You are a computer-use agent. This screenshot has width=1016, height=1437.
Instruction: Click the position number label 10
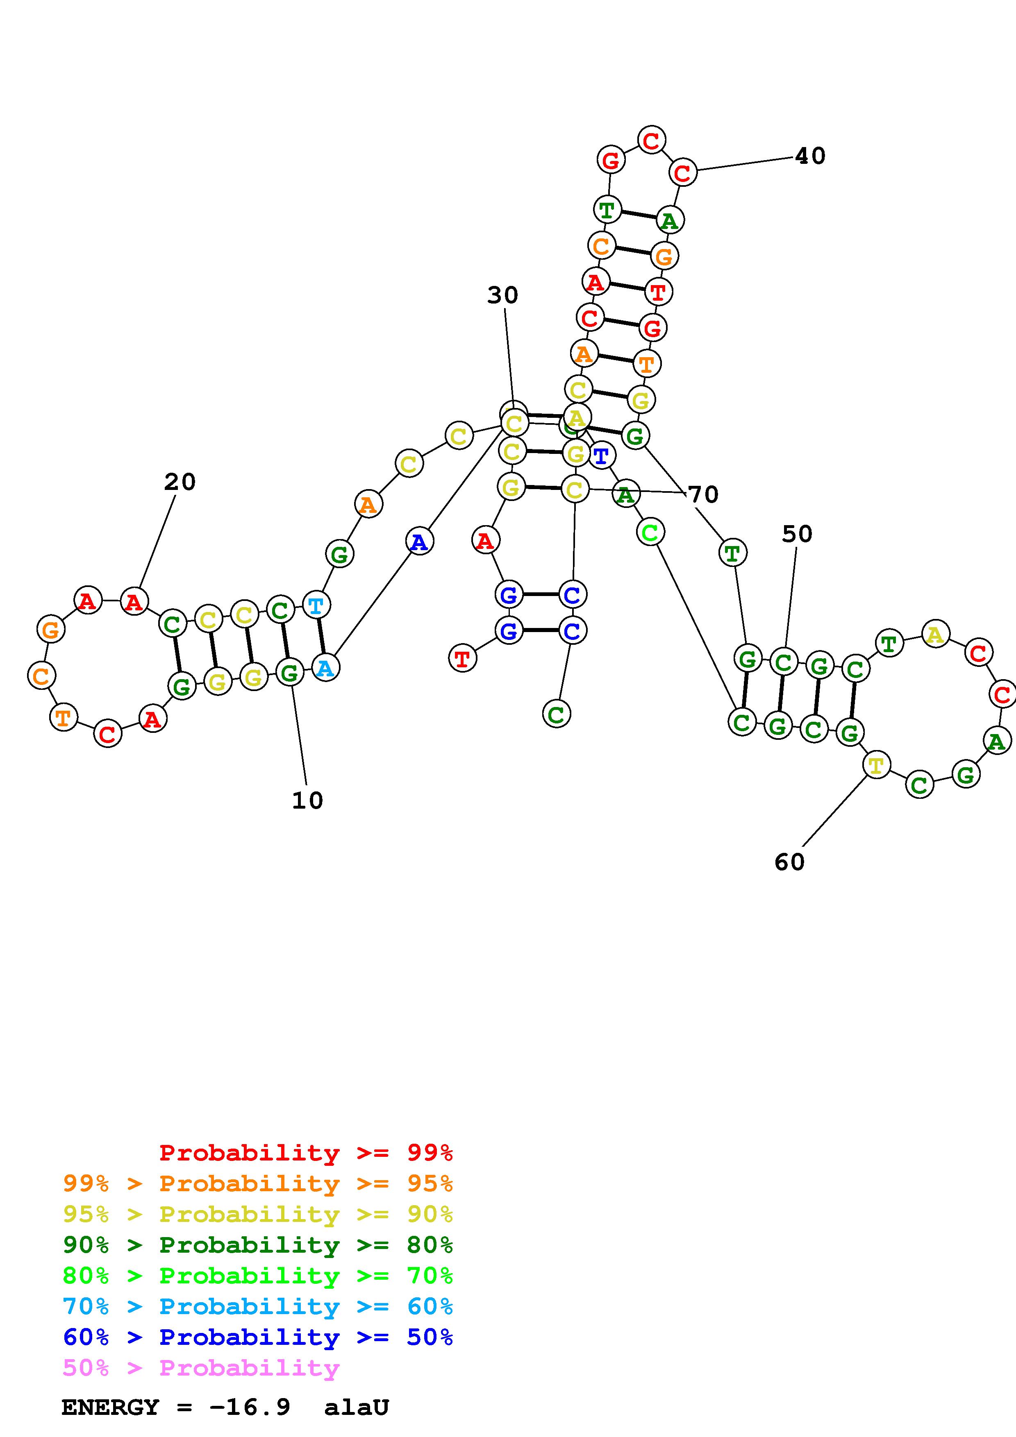tap(307, 800)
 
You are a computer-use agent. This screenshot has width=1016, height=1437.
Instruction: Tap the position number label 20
tap(180, 482)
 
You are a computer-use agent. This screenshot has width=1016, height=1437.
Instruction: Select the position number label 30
tap(503, 295)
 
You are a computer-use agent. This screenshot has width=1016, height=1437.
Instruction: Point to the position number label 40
tap(810, 156)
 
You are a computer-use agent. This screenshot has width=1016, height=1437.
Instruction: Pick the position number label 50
tap(797, 534)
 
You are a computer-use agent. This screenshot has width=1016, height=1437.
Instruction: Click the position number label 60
tap(789, 862)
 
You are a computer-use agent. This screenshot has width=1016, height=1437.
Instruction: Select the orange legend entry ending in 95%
tap(258, 1183)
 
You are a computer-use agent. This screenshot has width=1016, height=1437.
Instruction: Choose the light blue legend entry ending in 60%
tap(258, 1307)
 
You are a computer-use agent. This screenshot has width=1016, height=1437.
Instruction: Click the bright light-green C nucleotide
tap(650, 533)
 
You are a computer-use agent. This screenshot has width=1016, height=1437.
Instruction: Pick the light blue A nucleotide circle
tap(325, 668)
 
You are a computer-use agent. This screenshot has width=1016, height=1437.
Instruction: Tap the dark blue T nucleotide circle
tap(601, 455)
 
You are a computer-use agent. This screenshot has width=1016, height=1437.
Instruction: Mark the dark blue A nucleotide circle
tap(419, 542)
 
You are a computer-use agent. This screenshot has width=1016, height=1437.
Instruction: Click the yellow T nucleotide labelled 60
tap(876, 765)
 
